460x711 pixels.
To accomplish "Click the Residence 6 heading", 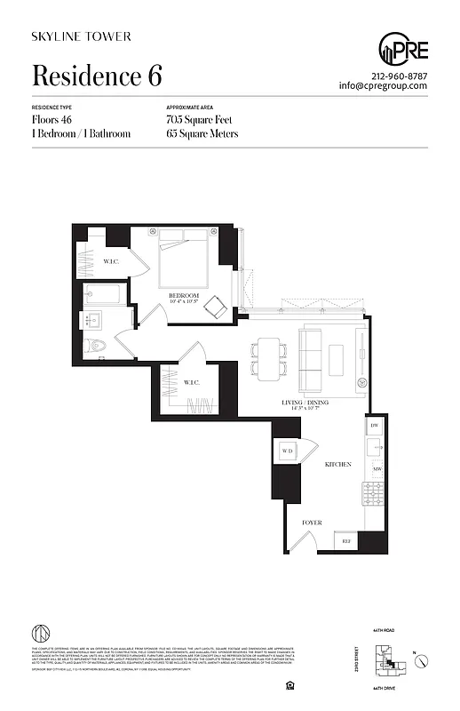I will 97,76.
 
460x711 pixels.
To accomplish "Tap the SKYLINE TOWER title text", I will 81,36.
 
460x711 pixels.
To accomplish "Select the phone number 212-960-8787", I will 399,76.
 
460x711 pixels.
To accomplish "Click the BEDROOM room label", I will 184,295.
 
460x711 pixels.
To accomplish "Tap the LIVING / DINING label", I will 305,403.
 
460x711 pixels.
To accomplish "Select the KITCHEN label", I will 337,465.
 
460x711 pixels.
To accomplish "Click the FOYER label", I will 311,523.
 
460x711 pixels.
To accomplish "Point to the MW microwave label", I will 376,468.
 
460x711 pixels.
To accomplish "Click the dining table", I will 269,357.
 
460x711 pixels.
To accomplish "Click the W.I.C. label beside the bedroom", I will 111,261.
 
